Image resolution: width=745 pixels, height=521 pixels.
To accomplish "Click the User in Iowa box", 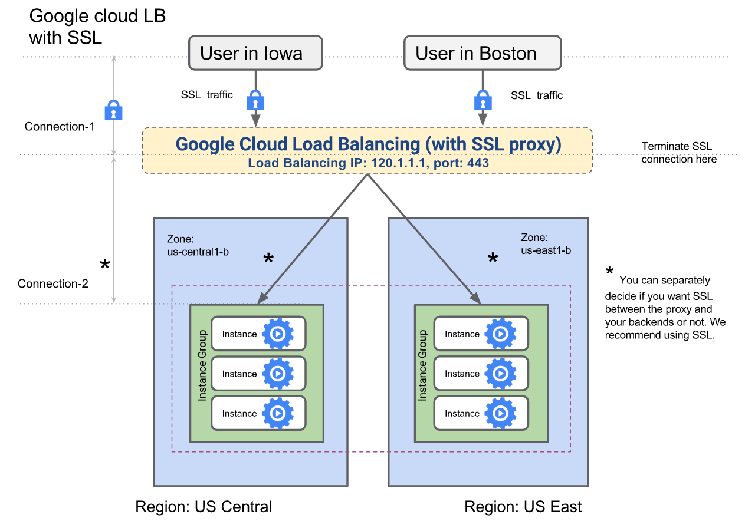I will pyautogui.click(x=255, y=53).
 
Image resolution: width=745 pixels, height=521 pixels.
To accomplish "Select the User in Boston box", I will pyautogui.click(x=481, y=53).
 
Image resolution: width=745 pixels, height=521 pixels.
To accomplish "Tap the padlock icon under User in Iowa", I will pyautogui.click(x=255, y=100).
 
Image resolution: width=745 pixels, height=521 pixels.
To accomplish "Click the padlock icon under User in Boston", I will pyautogui.click(x=483, y=100).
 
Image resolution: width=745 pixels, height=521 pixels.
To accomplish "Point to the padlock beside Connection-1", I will pyautogui.click(x=113, y=110).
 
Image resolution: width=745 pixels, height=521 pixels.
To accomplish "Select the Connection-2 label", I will pyautogui.click(x=53, y=283).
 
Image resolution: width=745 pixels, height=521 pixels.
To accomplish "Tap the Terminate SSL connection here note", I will pyautogui.click(x=679, y=153).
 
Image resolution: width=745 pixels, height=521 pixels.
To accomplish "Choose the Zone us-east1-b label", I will pyautogui.click(x=546, y=244).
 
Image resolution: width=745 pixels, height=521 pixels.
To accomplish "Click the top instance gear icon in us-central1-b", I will pyautogui.click(x=278, y=334).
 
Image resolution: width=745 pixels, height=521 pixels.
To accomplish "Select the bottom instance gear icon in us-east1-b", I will pyautogui.click(x=500, y=413).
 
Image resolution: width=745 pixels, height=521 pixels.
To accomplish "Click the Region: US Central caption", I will pyautogui.click(x=204, y=507).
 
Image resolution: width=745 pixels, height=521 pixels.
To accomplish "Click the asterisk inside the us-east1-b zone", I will pyautogui.click(x=492, y=258).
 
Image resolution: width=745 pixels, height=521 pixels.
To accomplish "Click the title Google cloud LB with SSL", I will pyautogui.click(x=97, y=27).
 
